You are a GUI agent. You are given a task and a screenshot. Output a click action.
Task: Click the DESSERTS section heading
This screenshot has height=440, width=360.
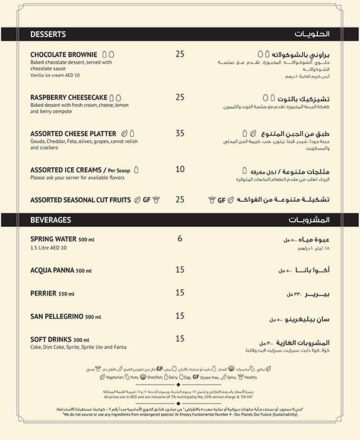(48, 34)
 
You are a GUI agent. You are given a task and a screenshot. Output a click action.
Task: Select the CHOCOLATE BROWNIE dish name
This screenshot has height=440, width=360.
(64, 55)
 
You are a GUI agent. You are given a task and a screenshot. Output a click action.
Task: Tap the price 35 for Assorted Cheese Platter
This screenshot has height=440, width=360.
(180, 133)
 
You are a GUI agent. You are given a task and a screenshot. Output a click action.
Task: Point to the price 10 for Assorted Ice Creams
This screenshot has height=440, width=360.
(180, 169)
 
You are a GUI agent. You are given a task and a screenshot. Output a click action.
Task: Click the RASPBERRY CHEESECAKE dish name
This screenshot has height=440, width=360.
(68, 97)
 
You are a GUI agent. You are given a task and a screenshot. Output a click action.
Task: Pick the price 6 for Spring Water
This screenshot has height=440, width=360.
(180, 239)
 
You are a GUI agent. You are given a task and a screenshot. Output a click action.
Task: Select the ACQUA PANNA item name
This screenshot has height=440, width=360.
(53, 270)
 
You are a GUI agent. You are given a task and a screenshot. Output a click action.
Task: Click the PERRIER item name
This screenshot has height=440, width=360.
(43, 293)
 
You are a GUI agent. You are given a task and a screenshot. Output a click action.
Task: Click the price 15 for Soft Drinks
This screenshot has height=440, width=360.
(180, 339)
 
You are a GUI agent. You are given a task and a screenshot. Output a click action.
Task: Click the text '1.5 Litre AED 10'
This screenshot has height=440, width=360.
(49, 248)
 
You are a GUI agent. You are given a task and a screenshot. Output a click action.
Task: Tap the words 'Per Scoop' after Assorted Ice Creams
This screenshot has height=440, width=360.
(119, 170)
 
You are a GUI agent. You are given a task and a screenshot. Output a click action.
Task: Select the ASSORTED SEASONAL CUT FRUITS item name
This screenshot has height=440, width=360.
(80, 200)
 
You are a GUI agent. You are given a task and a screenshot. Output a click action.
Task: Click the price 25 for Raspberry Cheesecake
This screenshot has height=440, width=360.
(180, 97)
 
